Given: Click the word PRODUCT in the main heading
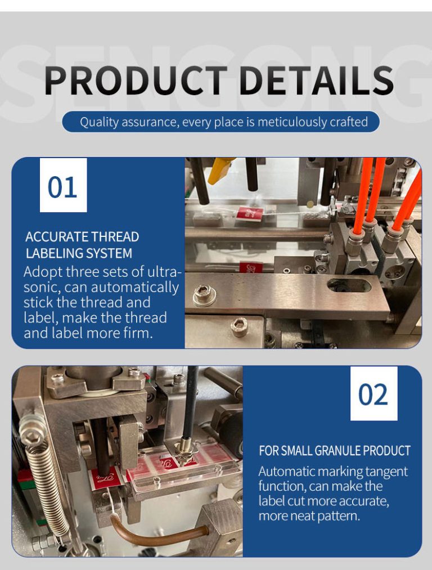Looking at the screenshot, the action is click(136, 80).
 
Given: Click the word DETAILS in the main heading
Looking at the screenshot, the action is click(316, 80).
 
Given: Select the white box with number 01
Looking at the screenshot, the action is click(63, 185).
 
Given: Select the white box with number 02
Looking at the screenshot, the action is click(373, 393).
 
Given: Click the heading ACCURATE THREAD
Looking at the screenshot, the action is click(82, 237).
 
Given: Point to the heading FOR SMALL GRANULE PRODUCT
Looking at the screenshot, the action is click(334, 451).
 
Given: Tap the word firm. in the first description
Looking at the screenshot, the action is click(138, 333).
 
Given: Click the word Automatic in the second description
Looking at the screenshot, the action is click(286, 472).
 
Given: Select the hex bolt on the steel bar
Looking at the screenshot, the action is click(205, 294).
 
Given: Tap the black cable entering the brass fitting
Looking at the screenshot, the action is click(190, 403).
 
